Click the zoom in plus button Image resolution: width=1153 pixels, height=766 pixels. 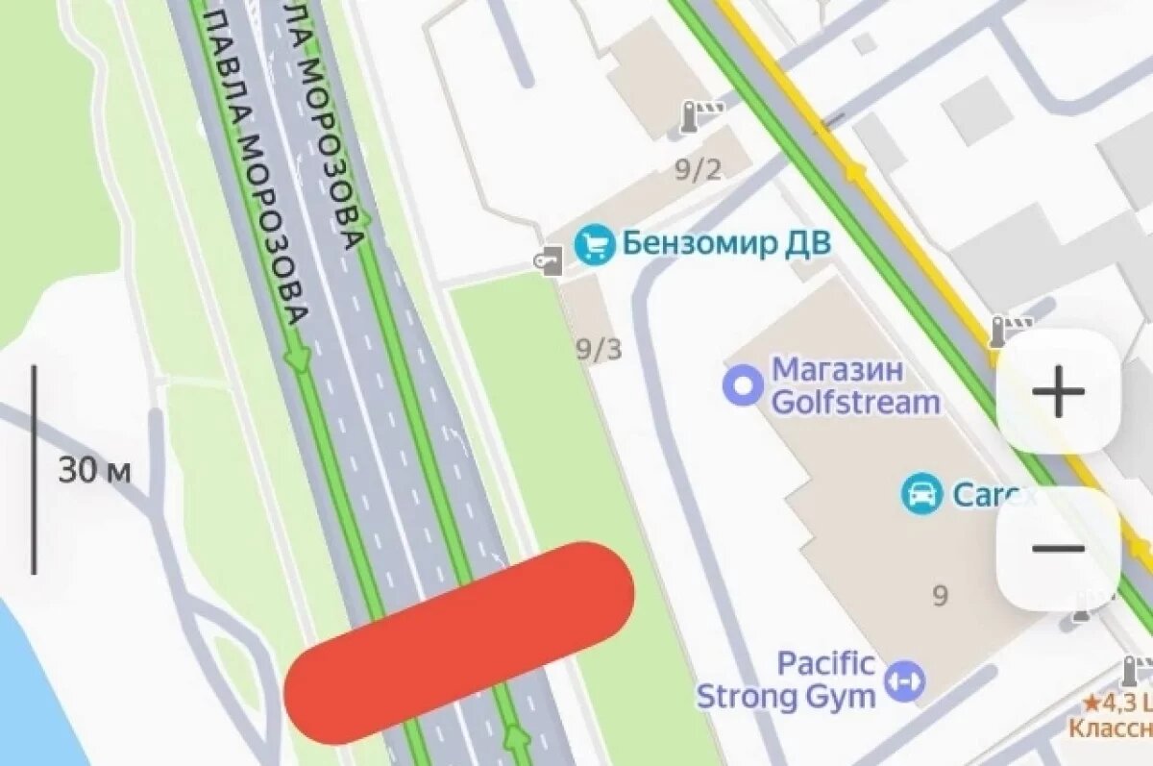pyautogui.click(x=1058, y=391)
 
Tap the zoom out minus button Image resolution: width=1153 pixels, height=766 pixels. pyautogui.click(x=1058, y=549)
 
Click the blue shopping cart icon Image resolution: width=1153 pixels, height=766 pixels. pyautogui.click(x=594, y=245)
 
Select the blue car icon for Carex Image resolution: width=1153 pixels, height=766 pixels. pyautogui.click(x=921, y=494)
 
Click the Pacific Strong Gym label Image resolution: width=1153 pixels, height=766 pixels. pyautogui.click(x=787, y=679)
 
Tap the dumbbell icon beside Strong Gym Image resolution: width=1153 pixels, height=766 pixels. pyautogui.click(x=905, y=680)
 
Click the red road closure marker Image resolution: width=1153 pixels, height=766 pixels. pyautogui.click(x=459, y=642)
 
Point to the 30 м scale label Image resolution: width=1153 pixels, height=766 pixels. pyautogui.click(x=93, y=471)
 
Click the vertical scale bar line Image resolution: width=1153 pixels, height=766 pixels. pyautogui.click(x=35, y=469)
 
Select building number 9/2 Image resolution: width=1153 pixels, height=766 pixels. pyautogui.click(x=698, y=171)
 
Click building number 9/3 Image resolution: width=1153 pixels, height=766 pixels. pyautogui.click(x=599, y=349)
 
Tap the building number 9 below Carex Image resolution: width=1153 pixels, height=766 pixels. pyautogui.click(x=940, y=596)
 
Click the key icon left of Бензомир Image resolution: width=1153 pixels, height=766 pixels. pyautogui.click(x=550, y=259)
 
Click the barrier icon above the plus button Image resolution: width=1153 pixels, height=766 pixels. pyautogui.click(x=1009, y=331)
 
